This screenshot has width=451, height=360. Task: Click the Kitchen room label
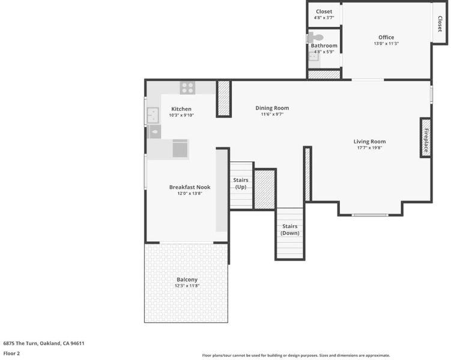181,109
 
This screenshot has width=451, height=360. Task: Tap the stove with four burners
187,88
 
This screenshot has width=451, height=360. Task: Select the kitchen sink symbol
153,115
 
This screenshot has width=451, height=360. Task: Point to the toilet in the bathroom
316,38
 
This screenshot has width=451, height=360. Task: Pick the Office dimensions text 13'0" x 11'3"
386,44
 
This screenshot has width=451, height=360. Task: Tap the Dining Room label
272,108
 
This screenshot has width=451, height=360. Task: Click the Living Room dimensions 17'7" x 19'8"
369,148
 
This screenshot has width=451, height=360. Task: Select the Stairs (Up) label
241,184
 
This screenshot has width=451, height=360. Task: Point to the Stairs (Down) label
290,230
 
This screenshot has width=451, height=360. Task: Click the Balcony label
187,280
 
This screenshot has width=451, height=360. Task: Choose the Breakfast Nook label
190,187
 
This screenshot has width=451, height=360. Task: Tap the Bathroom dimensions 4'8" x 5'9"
324,52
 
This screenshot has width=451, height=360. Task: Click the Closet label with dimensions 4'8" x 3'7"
324,11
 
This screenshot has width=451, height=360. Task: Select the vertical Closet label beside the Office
440,24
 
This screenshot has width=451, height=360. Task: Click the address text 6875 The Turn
20,343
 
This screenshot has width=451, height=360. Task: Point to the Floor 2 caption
11,353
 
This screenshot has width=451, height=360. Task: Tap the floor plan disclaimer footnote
296,355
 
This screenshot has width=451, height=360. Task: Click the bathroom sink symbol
313,56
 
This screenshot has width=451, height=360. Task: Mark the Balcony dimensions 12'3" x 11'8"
187,286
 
